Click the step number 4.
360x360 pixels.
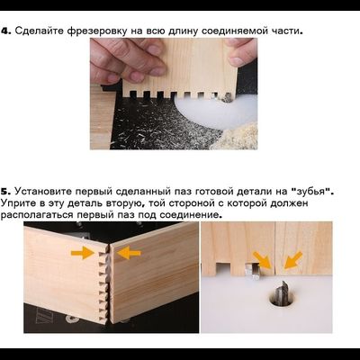point(5,31)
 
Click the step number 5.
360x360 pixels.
point(5,192)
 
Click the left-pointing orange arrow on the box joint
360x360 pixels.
point(128,254)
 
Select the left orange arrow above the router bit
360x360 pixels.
point(260,261)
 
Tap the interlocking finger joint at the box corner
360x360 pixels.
point(106,274)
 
